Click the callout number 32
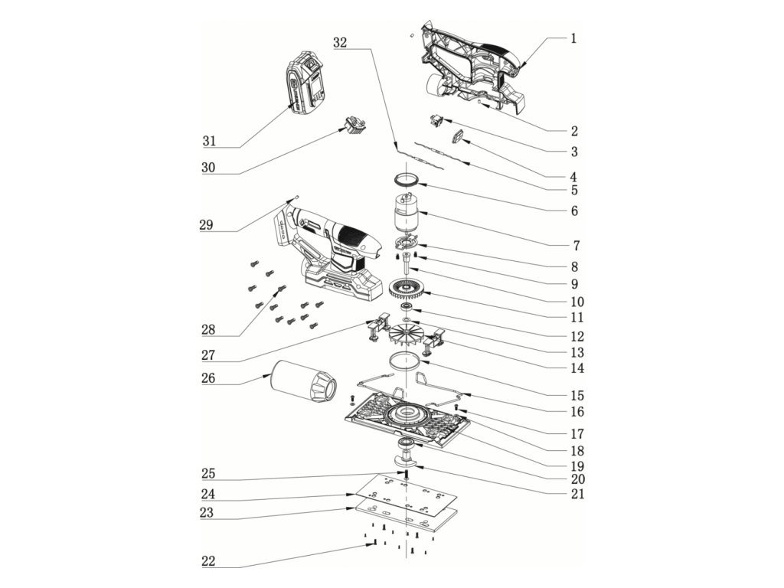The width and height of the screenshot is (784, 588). click(x=340, y=43)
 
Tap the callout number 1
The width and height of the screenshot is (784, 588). click(x=573, y=38)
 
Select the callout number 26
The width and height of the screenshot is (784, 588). click(x=208, y=378)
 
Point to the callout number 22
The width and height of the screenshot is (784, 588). click(x=208, y=561)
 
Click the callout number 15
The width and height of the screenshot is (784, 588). click(x=577, y=396)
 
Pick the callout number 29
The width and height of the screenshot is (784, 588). click(x=206, y=225)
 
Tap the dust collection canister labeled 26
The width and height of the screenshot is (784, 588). click(x=303, y=381)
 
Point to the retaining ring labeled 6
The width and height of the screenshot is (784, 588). click(x=407, y=178)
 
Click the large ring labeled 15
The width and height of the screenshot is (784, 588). click(x=404, y=361)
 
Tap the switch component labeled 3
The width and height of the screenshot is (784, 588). click(x=435, y=121)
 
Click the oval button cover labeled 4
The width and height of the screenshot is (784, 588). click(x=458, y=136)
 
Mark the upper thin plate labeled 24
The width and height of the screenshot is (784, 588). click(x=406, y=494)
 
